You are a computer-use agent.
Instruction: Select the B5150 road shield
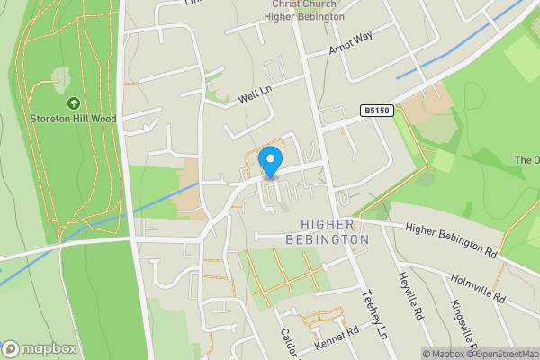pyautogui.click(x=377, y=111)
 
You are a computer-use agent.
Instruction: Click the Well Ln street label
pyautogui.click(x=255, y=91)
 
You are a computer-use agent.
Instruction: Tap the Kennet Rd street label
pyautogui.click(x=336, y=340)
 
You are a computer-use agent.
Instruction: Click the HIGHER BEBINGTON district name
pyautogui.click(x=328, y=232)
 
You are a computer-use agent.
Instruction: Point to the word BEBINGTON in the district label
pyautogui.click(x=328, y=240)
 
